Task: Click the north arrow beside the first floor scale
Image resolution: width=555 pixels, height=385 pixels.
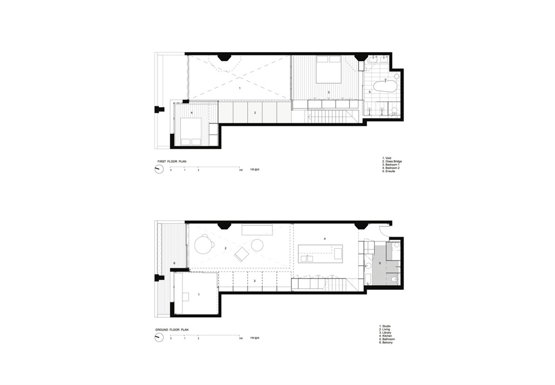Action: click(159, 170)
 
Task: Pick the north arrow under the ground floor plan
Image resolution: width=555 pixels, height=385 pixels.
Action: click(159, 338)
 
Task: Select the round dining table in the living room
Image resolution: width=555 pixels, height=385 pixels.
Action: click(204, 244)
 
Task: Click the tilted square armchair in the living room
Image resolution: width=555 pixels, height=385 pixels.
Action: click(241, 255)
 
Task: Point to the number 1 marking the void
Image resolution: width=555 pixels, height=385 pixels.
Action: click(239, 88)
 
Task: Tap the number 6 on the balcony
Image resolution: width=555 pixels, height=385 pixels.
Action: click(174, 263)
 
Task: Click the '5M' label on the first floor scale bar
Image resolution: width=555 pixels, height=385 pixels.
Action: click(240, 169)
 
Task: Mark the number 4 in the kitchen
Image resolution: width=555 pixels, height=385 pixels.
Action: click(325, 239)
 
